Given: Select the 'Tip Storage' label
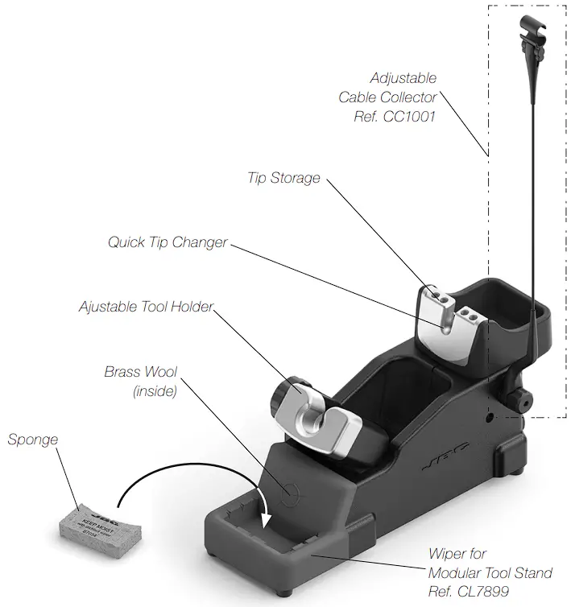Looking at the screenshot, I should point(283,178).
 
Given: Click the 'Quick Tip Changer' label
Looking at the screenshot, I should point(168,242).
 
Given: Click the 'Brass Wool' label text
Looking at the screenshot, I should point(141,373).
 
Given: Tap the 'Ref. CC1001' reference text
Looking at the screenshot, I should point(395,117).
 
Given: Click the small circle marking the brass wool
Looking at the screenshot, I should point(290,490).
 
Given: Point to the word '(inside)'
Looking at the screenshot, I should point(154,392).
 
